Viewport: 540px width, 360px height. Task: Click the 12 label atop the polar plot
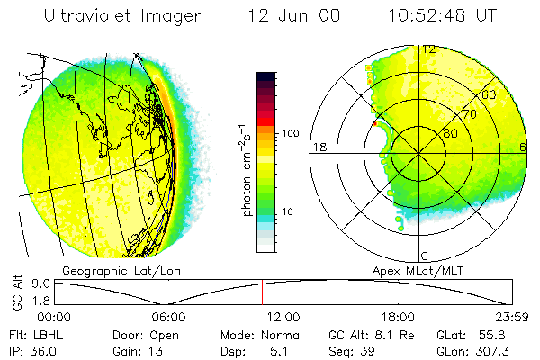coord(430,50)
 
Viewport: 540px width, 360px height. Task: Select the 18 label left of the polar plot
coord(319,148)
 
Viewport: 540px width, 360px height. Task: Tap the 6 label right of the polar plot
coord(523,148)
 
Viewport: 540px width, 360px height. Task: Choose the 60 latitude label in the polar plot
coord(490,94)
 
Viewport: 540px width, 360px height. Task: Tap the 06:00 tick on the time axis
coord(168,317)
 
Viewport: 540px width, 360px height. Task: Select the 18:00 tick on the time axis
coord(397,317)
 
